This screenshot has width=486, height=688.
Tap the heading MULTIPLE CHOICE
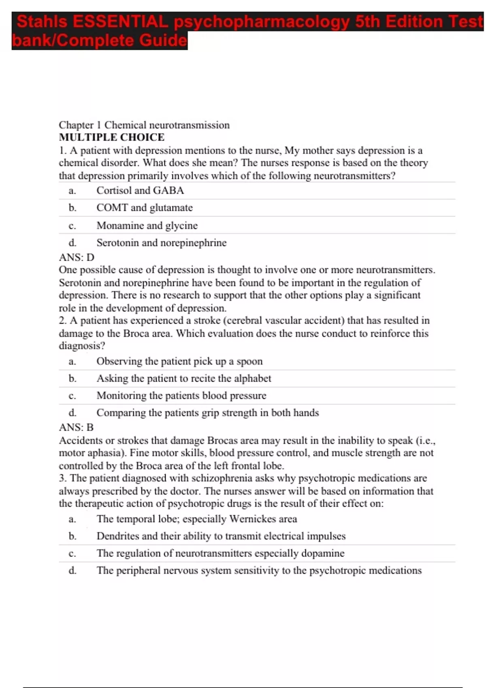pos(112,137)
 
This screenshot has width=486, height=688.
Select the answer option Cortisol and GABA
pos(140,190)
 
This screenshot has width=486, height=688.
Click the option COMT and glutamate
pos(145,208)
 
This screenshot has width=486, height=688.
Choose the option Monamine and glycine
pos(147,225)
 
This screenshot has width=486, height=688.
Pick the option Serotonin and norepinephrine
pos(161,243)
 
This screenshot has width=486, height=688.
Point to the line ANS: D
pos(77,257)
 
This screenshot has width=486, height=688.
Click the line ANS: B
pos(76,427)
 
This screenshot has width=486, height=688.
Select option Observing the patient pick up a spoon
pos(179,361)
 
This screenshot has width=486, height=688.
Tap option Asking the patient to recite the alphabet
pos(183,378)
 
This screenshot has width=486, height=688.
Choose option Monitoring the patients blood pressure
pos(181,395)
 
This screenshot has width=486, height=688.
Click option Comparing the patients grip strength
pos(207,413)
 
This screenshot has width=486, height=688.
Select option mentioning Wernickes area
pos(196,519)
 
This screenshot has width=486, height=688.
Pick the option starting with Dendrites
pos(221,536)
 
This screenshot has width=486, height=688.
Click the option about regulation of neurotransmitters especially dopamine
pos(220,553)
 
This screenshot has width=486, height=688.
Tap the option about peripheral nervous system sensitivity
pos(259,571)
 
